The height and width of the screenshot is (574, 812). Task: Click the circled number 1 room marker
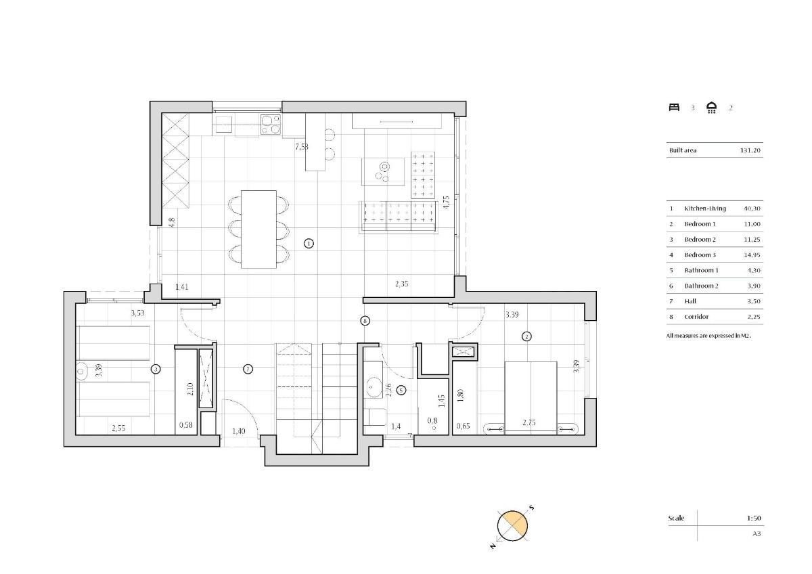[309, 243]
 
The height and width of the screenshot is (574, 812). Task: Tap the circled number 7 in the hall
[248, 369]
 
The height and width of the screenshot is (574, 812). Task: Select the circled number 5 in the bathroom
[401, 390]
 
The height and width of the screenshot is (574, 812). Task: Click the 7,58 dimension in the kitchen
[302, 146]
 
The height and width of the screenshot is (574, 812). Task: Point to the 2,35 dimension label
[402, 284]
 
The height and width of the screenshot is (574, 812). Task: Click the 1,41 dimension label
[182, 287]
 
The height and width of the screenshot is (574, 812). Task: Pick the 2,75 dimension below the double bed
[529, 423]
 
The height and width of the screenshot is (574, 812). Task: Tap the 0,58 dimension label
[185, 425]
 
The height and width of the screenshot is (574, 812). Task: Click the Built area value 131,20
[750, 150]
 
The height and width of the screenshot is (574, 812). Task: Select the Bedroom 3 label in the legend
[700, 255]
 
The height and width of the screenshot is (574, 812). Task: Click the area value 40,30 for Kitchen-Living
[752, 208]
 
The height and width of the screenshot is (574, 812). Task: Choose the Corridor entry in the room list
[696, 317]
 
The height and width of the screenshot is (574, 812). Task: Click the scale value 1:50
[754, 518]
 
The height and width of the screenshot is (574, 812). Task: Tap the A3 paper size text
[757, 533]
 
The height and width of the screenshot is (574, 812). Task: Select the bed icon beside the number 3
[674, 107]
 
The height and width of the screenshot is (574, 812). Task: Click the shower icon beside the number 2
[712, 108]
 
